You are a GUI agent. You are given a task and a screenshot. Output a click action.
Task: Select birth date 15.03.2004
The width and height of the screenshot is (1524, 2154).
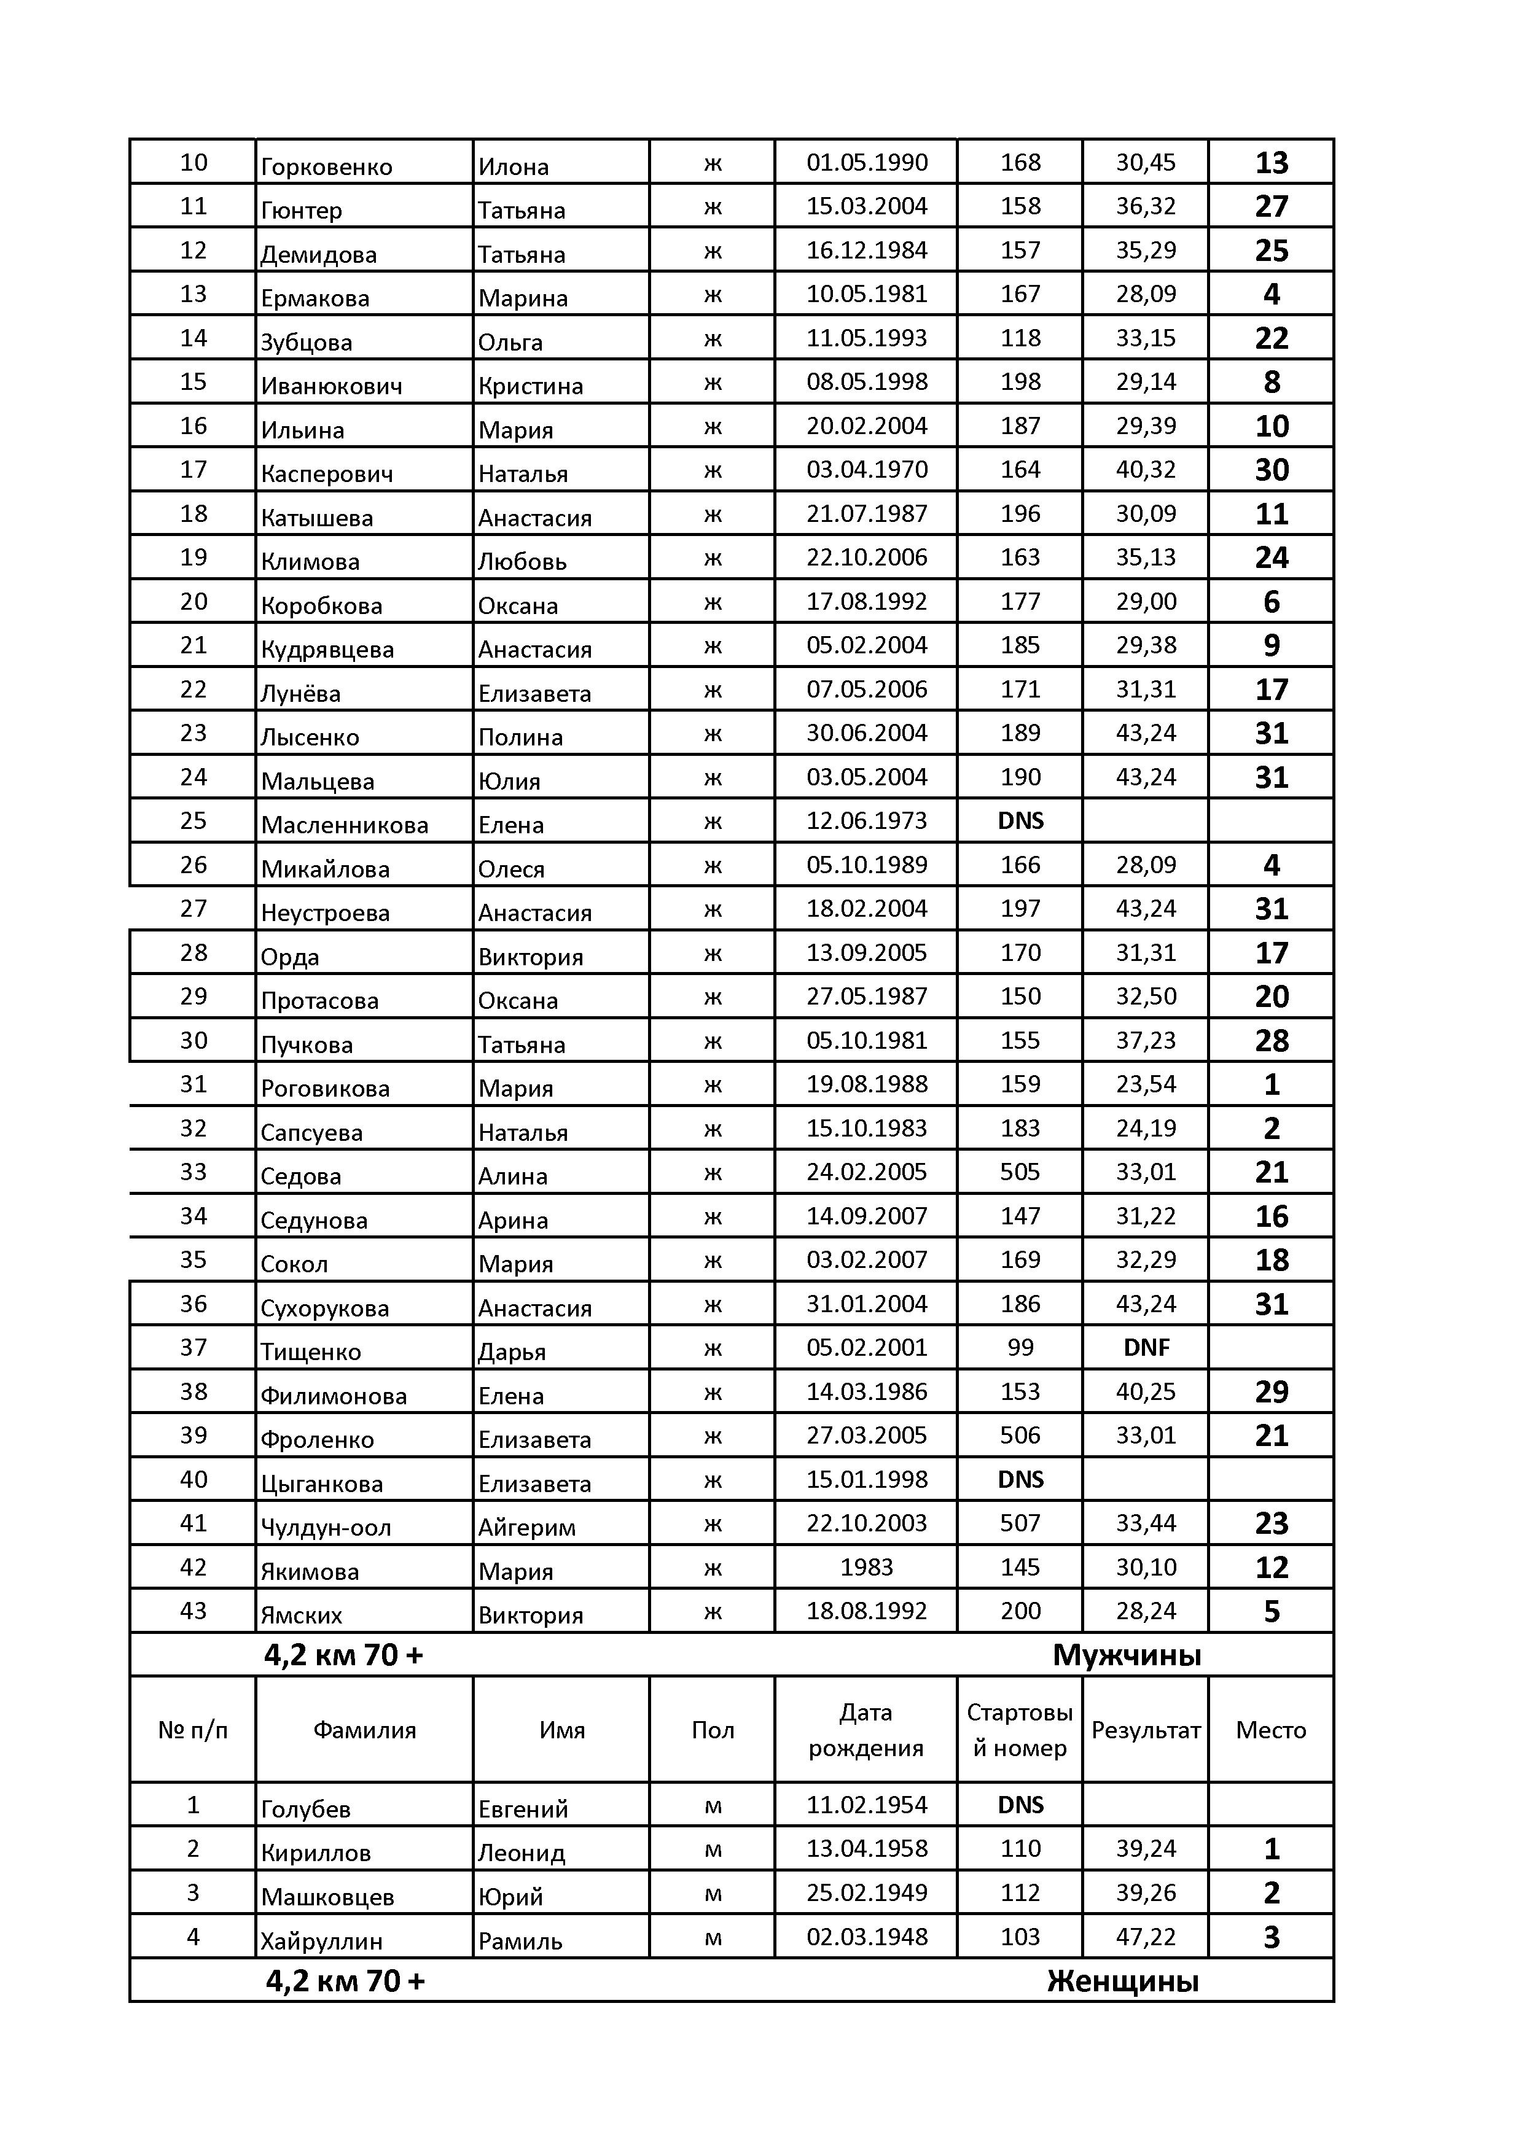pyautogui.click(x=866, y=206)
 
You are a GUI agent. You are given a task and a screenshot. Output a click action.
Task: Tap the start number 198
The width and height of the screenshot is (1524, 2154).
pyautogui.click(x=1020, y=382)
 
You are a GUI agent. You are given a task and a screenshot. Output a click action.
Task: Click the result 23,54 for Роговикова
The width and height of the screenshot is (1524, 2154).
pyautogui.click(x=1146, y=1084)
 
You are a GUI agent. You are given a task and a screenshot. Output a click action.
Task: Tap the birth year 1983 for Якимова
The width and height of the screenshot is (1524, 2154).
pyautogui.click(x=866, y=1568)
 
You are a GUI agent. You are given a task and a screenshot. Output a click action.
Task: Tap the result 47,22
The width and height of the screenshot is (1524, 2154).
pyautogui.click(x=1146, y=1937)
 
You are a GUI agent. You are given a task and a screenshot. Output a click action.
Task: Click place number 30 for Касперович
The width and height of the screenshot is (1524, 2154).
pyautogui.click(x=1272, y=470)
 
